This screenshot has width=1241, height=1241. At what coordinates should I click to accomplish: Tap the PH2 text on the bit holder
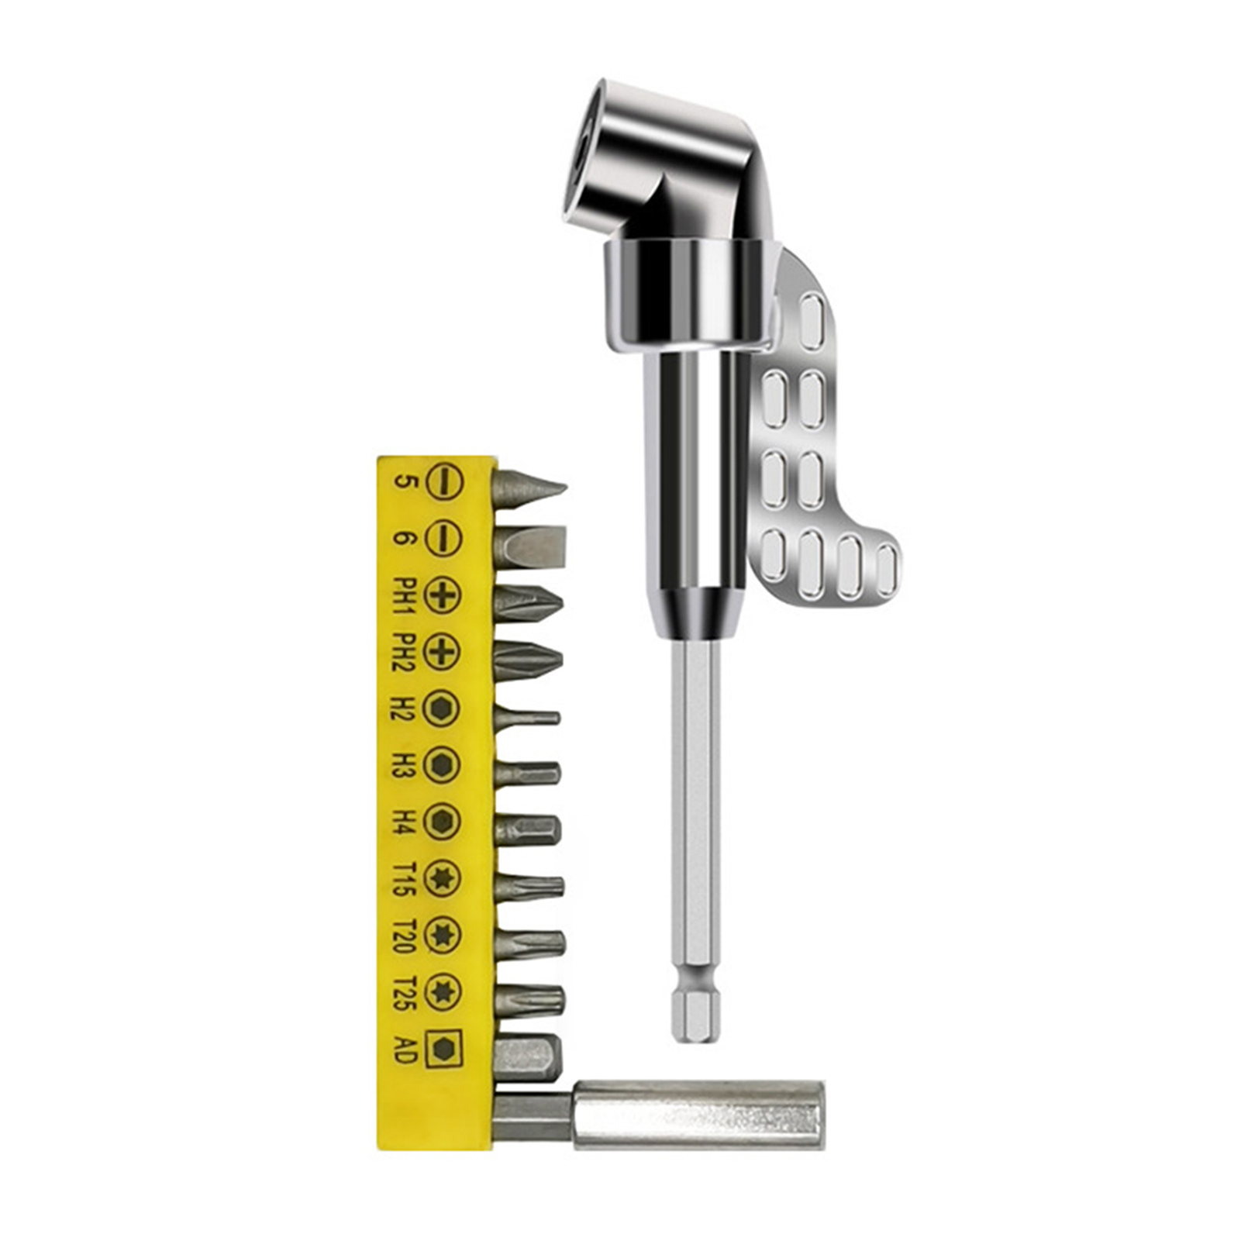405,652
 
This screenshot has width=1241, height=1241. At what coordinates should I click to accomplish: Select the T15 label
405,878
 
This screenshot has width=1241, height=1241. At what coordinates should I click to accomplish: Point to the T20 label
405,935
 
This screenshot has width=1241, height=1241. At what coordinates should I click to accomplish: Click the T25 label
405,992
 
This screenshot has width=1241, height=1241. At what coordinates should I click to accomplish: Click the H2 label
405,708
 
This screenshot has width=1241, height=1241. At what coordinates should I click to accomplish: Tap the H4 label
405,822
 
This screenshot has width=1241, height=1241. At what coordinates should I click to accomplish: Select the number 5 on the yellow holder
405,482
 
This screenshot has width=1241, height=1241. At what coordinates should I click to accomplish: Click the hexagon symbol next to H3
443,765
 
